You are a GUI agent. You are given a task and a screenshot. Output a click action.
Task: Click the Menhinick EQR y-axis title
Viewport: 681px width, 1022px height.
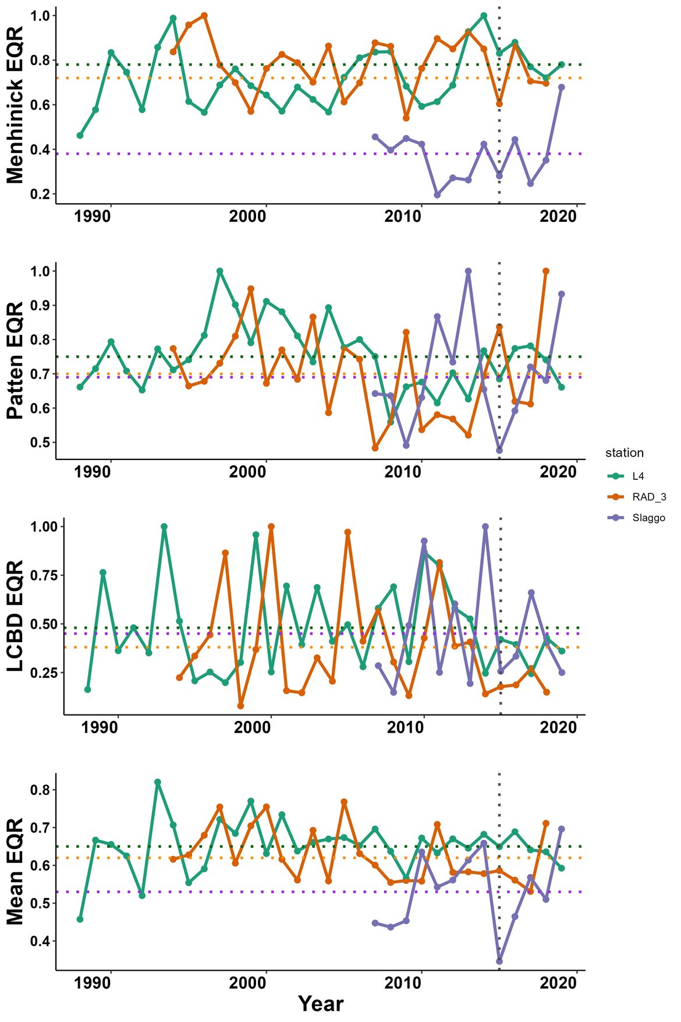pos(16,105)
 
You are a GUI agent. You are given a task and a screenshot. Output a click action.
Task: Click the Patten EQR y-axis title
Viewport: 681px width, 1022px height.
pos(16,360)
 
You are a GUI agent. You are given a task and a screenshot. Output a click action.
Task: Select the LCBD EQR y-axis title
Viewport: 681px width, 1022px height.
pos(16,616)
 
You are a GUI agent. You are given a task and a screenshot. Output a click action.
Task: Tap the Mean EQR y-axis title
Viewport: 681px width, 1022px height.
pos(16,871)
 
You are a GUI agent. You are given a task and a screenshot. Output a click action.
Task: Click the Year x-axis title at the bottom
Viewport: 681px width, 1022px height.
pos(321,1003)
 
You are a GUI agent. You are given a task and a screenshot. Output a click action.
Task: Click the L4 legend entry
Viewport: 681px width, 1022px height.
pos(638,476)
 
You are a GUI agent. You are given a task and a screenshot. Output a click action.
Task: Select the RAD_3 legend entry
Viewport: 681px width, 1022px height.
pos(648,497)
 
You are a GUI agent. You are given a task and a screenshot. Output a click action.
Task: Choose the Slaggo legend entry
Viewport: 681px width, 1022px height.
pos(648,518)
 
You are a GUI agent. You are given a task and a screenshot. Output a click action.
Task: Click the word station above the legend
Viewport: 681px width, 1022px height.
pos(624,452)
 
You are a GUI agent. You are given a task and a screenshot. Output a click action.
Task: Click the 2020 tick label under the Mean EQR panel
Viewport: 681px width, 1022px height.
pos(558,984)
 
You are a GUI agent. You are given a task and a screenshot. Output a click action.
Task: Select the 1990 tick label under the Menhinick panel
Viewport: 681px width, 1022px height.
pos(92,217)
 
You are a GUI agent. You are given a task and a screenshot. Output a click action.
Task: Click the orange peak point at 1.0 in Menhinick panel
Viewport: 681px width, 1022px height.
pos(204,16)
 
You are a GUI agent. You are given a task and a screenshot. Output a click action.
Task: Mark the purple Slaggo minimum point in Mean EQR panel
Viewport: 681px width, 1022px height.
pos(499,961)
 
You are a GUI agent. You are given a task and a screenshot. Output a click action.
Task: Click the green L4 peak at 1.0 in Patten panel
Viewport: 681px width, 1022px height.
pos(219,271)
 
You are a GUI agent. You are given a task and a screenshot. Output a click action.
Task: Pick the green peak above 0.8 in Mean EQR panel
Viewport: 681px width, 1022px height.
pos(158,782)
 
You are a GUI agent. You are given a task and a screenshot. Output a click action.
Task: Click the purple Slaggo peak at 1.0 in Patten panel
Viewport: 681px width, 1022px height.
pos(468,271)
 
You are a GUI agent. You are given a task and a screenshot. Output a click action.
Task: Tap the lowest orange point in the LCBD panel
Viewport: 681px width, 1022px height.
pos(240,706)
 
